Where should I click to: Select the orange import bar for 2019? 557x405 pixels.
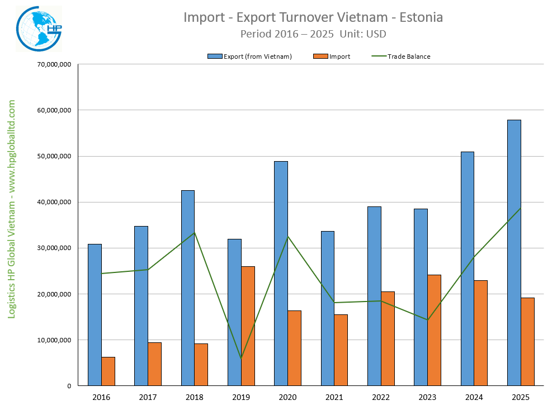(248, 326)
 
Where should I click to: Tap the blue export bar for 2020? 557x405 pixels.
(281, 274)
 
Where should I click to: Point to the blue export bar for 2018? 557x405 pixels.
(188, 288)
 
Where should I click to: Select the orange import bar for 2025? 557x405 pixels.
(527, 342)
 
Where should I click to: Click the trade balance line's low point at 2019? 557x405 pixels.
(241, 358)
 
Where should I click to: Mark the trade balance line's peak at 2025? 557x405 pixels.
(521, 208)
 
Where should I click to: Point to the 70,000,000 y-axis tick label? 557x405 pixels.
(54, 64)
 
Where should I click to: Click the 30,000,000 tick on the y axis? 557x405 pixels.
(54, 248)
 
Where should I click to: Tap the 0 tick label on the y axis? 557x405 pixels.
(68, 386)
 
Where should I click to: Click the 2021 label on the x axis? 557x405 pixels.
(334, 397)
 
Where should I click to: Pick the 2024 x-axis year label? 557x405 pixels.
(474, 397)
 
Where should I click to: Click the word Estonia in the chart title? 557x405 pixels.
(419, 17)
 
